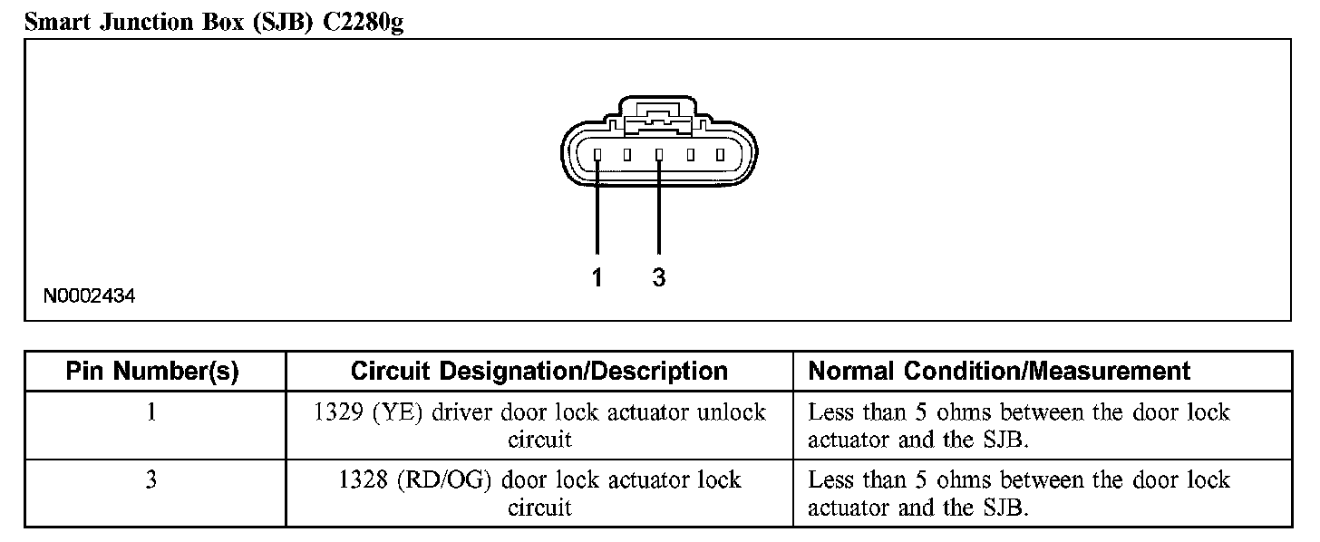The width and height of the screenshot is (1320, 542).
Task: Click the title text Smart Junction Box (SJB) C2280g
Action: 214,22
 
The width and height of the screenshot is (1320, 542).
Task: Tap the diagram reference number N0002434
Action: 89,296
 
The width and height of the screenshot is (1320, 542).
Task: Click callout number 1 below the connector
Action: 597,278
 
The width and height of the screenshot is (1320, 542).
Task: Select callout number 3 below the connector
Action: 659,278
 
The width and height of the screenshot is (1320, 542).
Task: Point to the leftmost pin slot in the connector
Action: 597,155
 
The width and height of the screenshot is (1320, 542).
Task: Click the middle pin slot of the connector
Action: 659,155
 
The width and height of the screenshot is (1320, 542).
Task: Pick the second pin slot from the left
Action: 627,155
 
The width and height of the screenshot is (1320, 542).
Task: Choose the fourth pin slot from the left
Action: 691,155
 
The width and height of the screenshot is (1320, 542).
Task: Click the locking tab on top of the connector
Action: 659,114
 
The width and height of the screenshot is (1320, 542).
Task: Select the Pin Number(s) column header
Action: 152,371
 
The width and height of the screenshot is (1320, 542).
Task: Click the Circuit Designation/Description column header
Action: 539,371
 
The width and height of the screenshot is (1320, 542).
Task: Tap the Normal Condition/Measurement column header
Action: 999,371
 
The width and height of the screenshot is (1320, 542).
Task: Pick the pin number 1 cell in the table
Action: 151,412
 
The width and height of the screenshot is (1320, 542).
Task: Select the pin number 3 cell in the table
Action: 151,479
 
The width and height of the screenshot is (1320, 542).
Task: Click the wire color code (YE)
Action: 396,412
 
